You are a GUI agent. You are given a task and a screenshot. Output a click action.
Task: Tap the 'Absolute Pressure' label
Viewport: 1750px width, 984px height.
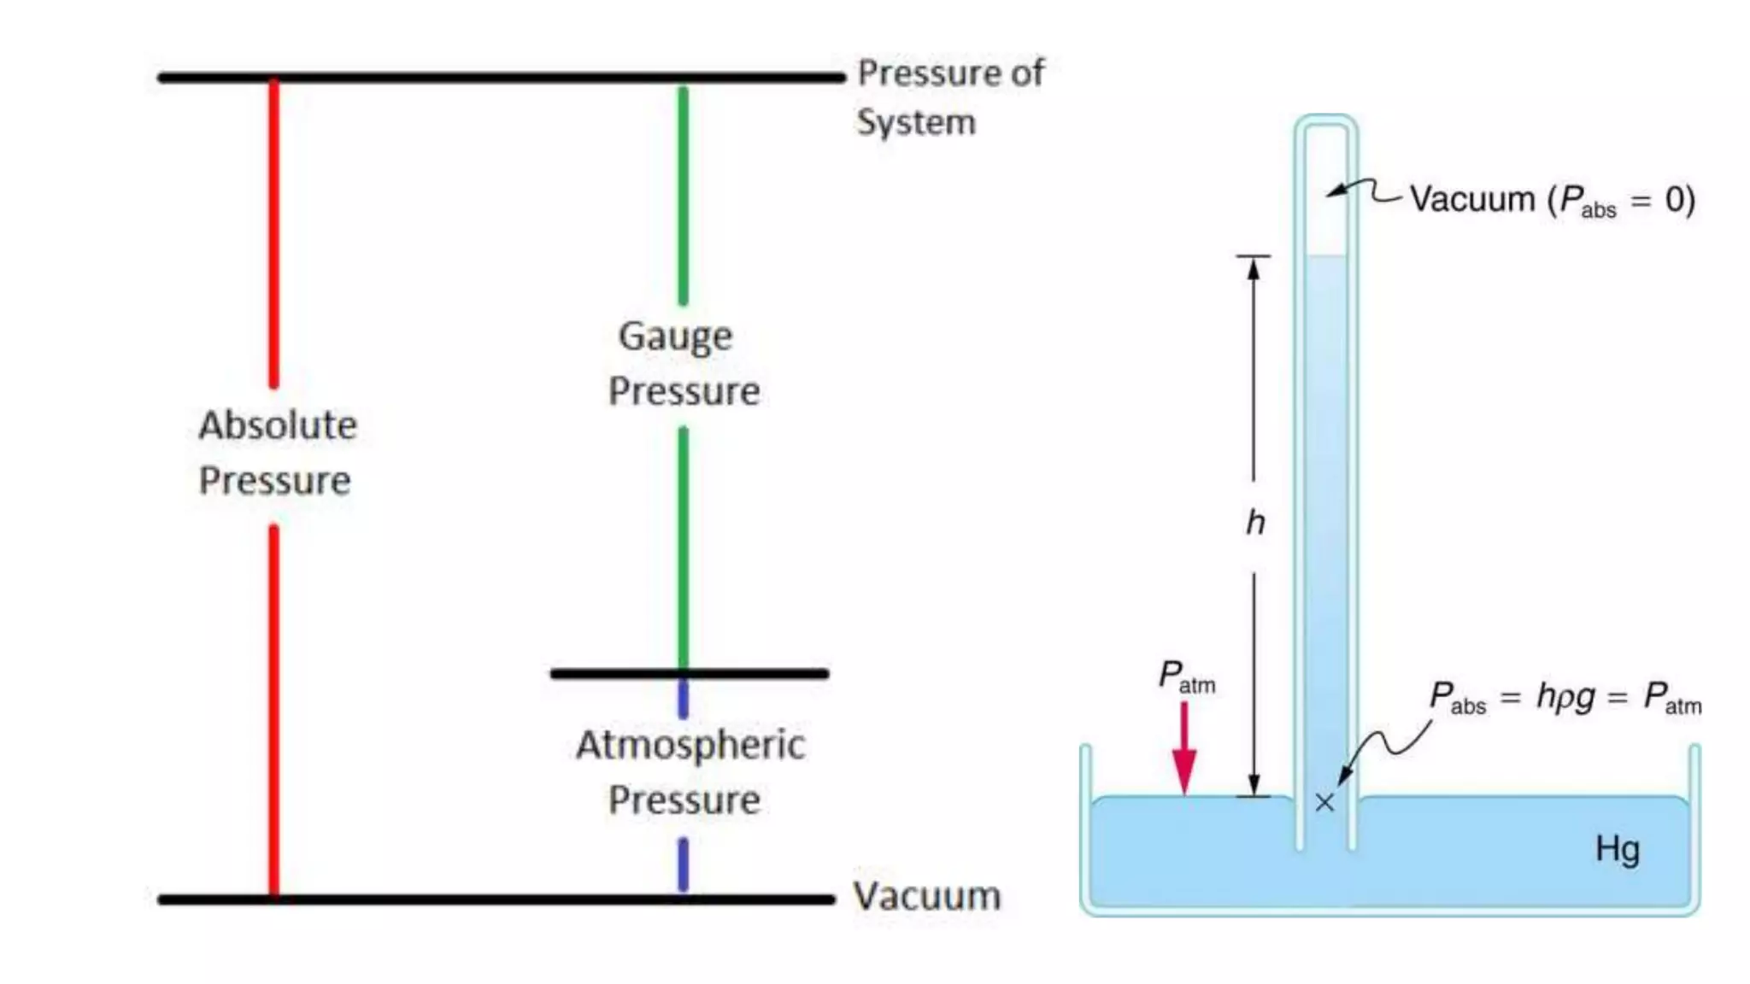(x=277, y=453)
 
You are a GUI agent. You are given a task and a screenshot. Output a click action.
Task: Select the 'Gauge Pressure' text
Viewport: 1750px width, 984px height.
(x=683, y=363)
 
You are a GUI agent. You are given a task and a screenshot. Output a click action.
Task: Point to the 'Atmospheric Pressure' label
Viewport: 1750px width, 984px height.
(x=689, y=771)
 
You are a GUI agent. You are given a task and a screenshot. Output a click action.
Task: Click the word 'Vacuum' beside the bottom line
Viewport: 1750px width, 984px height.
(x=926, y=896)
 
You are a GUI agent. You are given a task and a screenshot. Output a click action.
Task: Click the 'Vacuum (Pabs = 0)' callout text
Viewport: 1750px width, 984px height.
(x=1552, y=200)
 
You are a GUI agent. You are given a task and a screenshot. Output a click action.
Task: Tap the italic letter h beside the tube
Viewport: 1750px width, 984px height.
(x=1254, y=522)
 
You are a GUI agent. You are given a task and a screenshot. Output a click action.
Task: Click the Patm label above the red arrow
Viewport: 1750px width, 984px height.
(x=1186, y=676)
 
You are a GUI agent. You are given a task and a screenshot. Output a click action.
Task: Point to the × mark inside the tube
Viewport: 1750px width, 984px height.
(x=1324, y=802)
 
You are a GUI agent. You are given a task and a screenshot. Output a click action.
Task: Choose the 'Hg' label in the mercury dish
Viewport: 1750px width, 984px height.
(x=1617, y=850)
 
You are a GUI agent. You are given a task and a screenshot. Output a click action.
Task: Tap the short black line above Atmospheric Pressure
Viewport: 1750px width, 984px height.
(x=689, y=674)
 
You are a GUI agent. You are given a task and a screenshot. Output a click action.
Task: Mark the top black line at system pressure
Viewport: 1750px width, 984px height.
(x=501, y=78)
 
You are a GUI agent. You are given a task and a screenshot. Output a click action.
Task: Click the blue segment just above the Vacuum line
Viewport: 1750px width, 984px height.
(x=683, y=864)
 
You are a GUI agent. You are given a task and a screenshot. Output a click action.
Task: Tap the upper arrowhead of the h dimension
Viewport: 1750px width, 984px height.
(x=1254, y=268)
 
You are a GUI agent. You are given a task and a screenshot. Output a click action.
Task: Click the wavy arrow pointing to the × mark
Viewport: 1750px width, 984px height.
(x=1384, y=747)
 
